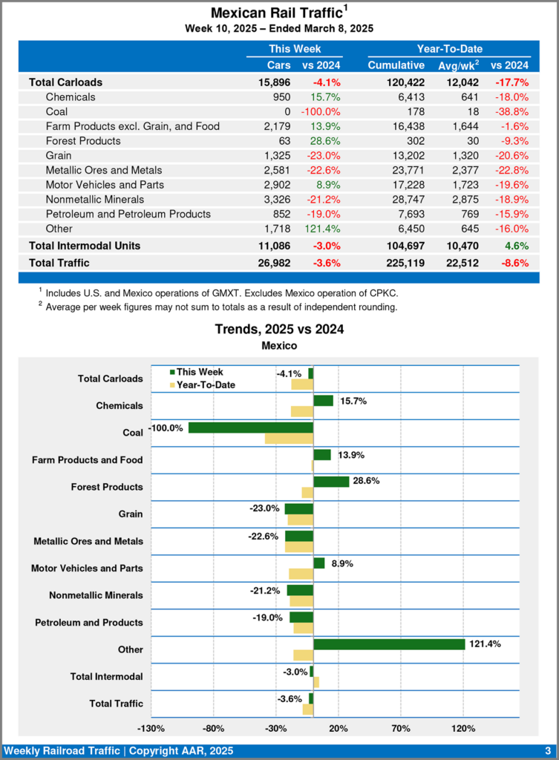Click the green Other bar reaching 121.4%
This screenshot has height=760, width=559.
coord(389,644)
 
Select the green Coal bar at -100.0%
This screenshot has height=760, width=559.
coord(251,427)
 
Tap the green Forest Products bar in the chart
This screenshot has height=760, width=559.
coord(331,482)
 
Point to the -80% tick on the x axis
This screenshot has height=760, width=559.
coord(214,728)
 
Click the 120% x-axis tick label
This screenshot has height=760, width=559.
coord(463,728)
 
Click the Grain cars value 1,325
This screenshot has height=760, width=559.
coord(276,155)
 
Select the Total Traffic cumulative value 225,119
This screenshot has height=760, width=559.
coord(396,262)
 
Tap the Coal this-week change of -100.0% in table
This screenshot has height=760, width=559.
coord(321,111)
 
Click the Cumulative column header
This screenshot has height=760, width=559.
coord(396,65)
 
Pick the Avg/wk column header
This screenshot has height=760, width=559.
coord(459,65)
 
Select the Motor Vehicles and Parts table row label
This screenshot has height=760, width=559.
coord(105,185)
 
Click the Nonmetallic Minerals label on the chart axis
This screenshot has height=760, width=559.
coord(96,595)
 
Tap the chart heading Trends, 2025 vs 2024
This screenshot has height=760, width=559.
coord(279,329)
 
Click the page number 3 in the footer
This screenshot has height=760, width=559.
coord(548,751)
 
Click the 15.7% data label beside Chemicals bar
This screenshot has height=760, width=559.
coord(353,401)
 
